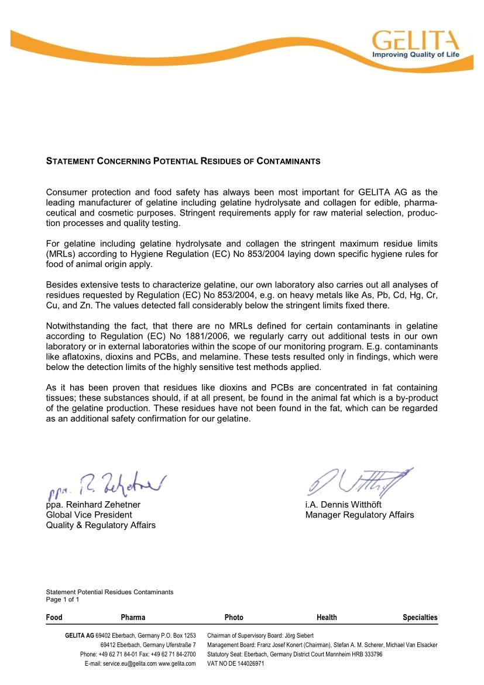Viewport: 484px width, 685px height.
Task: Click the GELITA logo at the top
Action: pyautogui.click(x=416, y=40)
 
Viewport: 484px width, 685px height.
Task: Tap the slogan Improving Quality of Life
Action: pyautogui.click(x=416, y=54)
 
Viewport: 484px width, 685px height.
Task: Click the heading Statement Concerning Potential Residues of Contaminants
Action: pyautogui.click(x=183, y=160)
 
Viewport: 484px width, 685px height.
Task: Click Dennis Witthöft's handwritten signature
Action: pyautogui.click(x=358, y=481)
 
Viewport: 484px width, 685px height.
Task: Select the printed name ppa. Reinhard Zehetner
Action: pyautogui.click(x=93, y=505)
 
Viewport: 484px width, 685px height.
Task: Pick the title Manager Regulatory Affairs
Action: pyautogui.click(x=359, y=515)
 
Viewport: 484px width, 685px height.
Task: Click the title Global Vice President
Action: pyautogui.click(x=89, y=515)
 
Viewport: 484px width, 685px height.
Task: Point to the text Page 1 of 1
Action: pyautogui.click(x=63, y=600)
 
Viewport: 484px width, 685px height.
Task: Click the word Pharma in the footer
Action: pyautogui.click(x=133, y=618)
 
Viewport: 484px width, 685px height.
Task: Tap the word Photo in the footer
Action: pyautogui.click(x=234, y=618)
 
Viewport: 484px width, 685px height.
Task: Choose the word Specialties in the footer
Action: pyautogui.click(x=420, y=618)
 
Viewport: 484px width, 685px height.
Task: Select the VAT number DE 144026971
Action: pyautogui.click(x=243, y=664)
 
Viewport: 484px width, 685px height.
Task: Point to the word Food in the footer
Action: pyautogui.click(x=54, y=618)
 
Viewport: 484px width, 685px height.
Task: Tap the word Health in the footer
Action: pyautogui.click(x=327, y=618)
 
